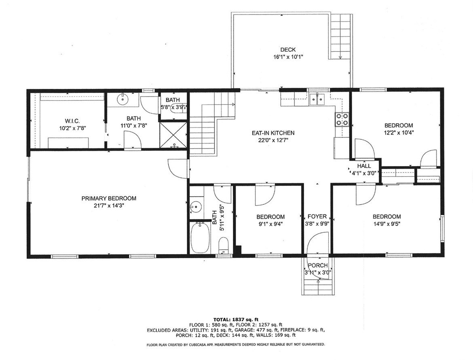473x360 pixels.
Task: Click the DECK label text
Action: click(288, 50)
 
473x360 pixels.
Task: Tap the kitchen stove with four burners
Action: click(342, 119)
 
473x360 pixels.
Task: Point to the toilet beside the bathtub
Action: click(223, 246)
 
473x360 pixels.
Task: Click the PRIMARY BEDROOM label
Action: click(109, 198)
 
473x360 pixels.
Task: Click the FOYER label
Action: click(317, 217)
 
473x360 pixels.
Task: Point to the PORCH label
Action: click(318, 265)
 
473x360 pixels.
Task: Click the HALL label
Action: click(364, 166)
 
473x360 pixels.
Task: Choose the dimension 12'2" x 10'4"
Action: click(399, 132)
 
